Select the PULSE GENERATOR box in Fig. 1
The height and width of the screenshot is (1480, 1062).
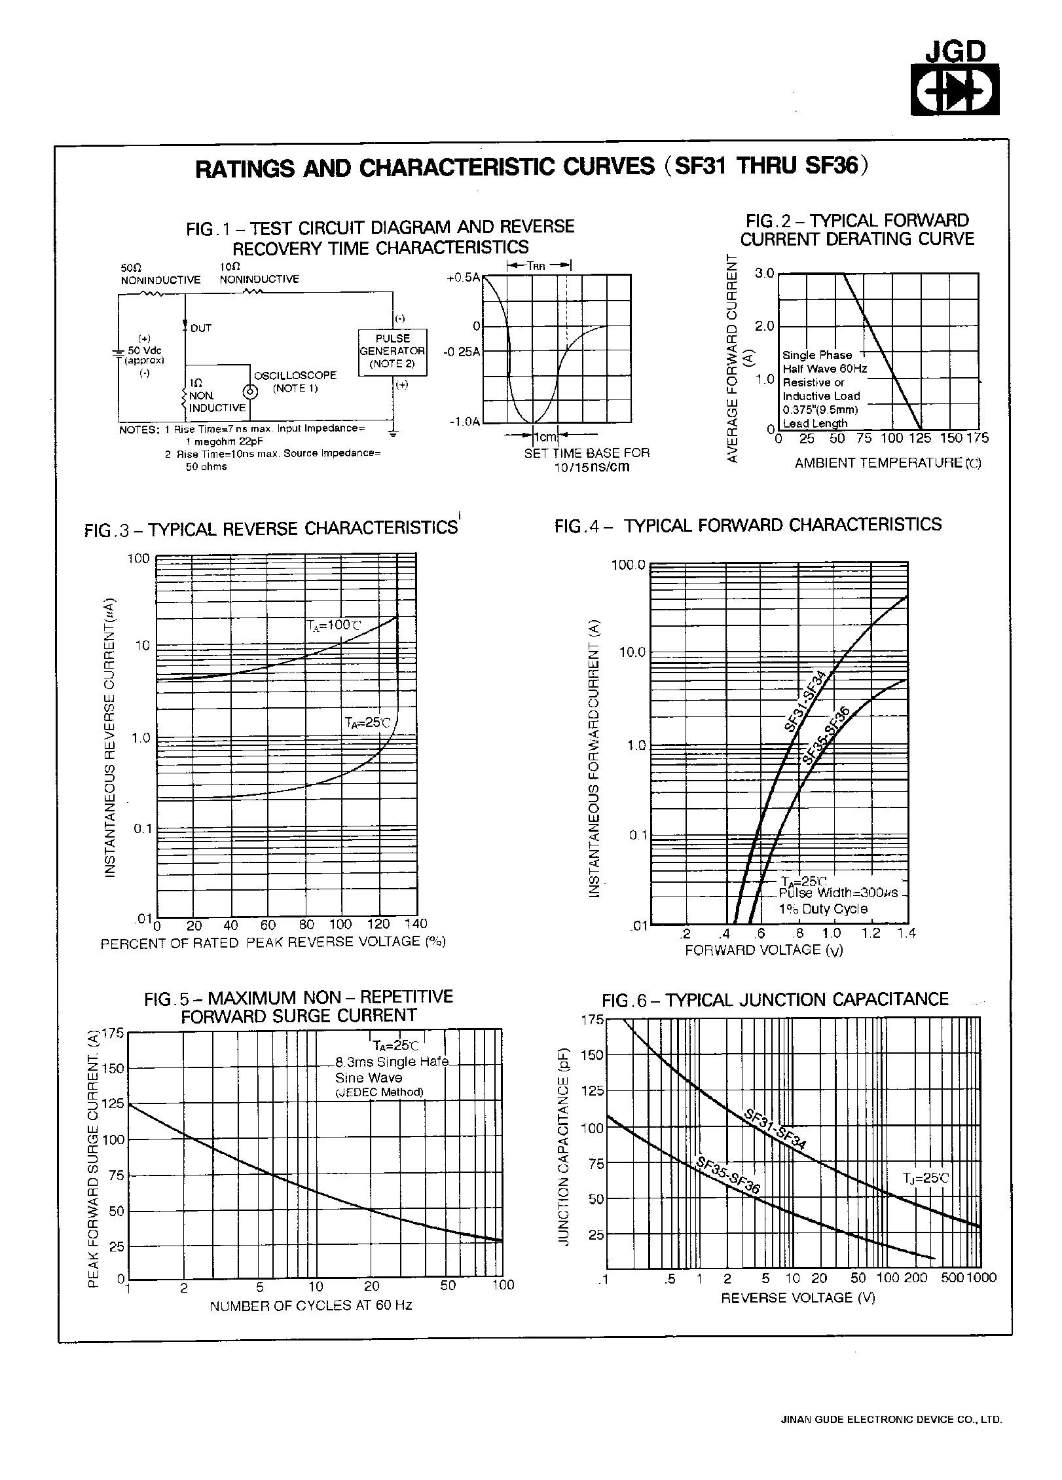392,352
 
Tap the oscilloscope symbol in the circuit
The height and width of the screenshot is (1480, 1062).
249,392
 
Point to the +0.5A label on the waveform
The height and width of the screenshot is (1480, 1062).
463,278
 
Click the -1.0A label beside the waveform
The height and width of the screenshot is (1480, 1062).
464,421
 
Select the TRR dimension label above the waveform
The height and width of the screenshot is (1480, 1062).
539,266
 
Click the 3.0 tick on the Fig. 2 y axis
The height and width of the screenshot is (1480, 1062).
764,273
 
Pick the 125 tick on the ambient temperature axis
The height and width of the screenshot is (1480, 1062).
921,438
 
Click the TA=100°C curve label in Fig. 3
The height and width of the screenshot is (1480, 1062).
333,625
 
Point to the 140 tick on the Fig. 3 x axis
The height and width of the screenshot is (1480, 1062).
415,924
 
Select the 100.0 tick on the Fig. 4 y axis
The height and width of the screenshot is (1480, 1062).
628,564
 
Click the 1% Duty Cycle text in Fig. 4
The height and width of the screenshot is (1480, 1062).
822,909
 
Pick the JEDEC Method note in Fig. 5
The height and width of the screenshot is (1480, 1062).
379,1092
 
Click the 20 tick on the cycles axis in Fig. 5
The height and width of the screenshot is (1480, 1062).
371,1286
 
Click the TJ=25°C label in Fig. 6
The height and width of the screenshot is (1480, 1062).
926,1178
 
